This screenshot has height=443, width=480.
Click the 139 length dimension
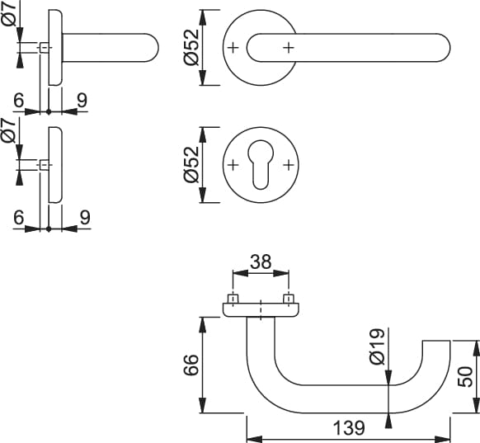tap(349, 427)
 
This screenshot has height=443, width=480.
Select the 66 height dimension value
tap(191, 365)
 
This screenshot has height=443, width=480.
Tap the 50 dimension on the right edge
tap(465, 376)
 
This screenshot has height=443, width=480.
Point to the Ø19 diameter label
tap(377, 346)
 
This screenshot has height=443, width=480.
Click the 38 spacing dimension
tap(261, 262)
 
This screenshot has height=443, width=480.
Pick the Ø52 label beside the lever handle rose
tap(192, 47)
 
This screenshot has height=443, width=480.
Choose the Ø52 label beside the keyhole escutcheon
tap(192, 164)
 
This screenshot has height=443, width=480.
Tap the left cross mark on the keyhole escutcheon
tap(233, 165)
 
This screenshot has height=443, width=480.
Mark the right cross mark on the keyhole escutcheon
tap(289, 165)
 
